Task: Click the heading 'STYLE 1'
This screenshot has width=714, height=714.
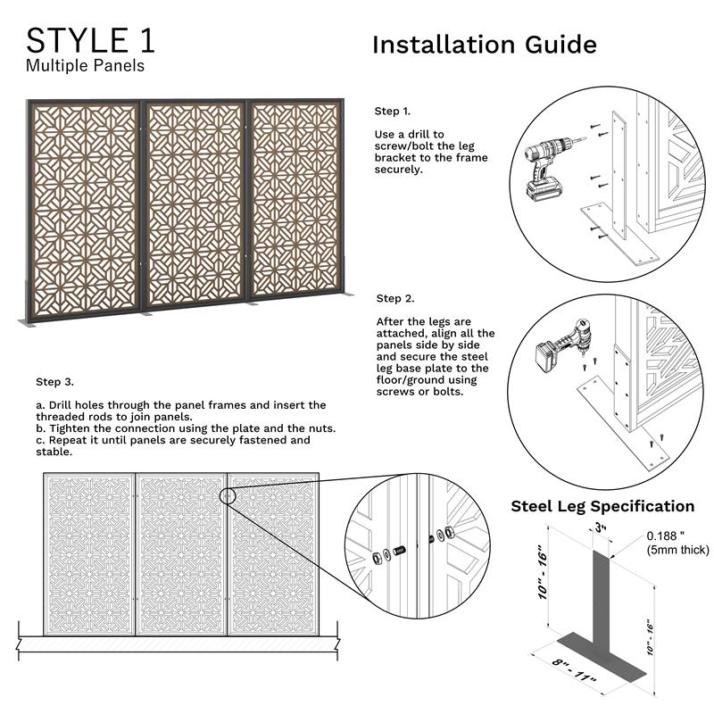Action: point(90,40)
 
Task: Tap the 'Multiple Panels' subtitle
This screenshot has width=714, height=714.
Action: point(85,65)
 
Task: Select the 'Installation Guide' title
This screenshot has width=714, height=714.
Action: point(484,45)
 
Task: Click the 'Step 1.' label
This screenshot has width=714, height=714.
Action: point(392,112)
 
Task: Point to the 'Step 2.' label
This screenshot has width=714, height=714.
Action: point(394,298)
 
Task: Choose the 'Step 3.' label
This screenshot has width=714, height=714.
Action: point(54,381)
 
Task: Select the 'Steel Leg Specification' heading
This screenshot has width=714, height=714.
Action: point(602,506)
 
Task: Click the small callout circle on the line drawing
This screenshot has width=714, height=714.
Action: point(228,496)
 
